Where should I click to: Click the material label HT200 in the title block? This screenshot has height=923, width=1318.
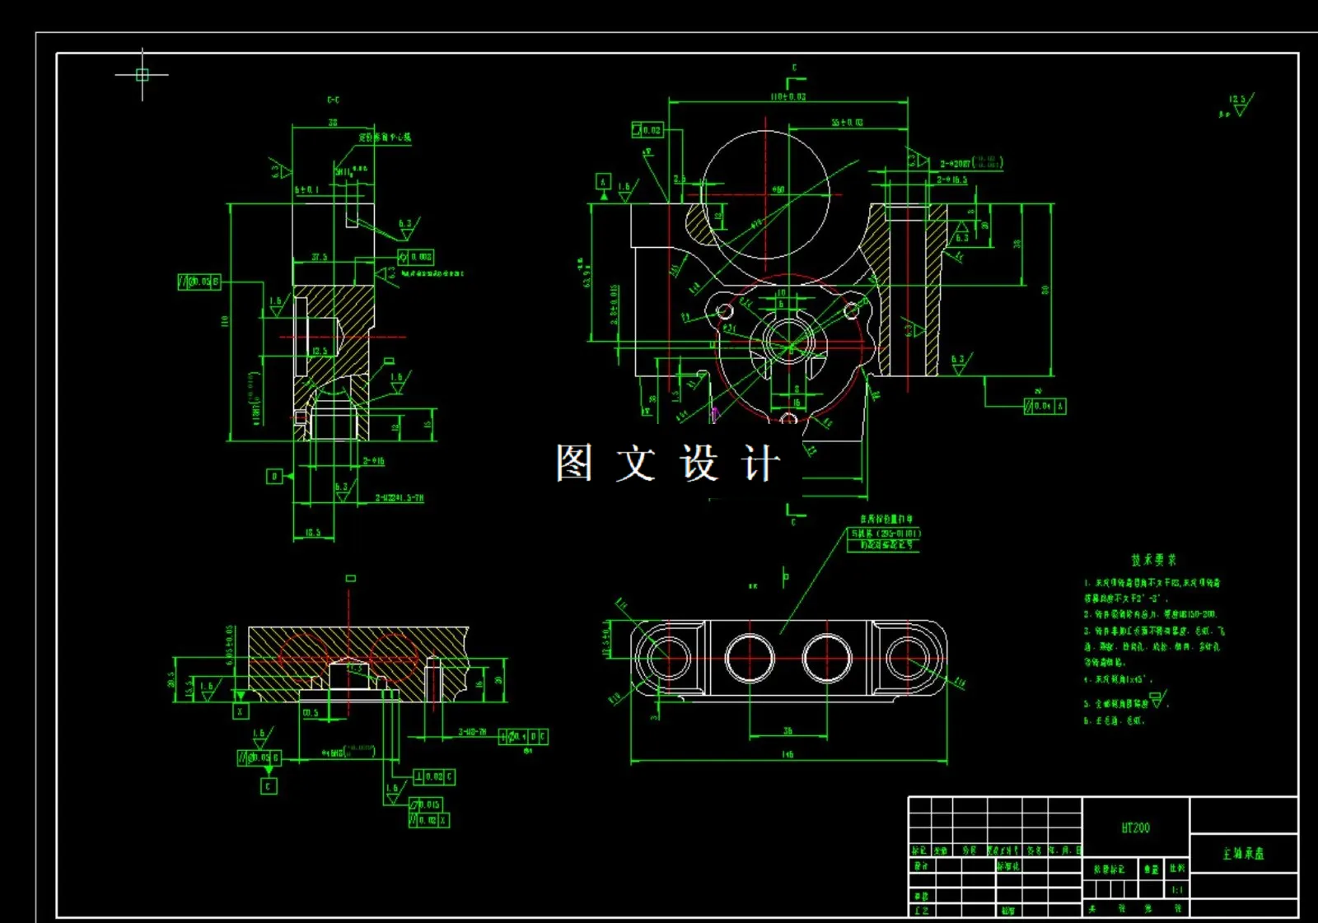1135,827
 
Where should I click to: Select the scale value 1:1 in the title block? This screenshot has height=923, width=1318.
1177,890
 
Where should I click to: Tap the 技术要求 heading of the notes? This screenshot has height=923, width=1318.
1153,560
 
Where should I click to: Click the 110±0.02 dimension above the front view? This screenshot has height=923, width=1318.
788,97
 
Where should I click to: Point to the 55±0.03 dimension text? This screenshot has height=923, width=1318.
847,123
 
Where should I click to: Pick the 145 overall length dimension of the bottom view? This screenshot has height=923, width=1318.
788,754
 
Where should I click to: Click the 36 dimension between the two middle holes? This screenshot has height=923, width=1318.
788,730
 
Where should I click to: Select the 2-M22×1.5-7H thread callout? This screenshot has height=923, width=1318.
400,498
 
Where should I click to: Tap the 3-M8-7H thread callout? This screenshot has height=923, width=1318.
472,731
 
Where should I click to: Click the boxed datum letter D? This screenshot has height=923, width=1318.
275,476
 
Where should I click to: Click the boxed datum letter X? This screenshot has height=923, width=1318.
241,711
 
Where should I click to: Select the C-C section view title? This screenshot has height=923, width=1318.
333,100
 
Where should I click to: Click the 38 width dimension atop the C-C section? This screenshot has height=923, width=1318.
333,122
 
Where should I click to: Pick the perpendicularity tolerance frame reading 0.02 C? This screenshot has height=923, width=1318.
434,776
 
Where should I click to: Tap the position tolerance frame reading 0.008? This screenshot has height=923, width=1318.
415,257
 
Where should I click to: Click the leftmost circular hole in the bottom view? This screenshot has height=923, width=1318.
667,658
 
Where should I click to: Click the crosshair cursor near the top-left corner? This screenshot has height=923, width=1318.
142,75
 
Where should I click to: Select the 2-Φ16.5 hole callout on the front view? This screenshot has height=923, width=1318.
951,179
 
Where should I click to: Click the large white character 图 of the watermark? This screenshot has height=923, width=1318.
574,463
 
